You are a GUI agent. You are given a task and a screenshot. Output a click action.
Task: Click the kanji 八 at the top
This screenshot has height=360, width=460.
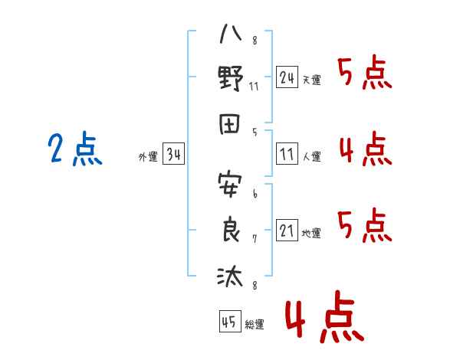coord(231,34)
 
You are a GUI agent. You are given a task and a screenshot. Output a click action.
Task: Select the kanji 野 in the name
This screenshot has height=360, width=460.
coord(231,78)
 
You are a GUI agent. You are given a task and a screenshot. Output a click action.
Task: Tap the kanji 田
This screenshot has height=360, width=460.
coord(230,124)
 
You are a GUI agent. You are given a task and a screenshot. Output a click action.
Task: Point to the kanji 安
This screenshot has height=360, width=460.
coord(230,185)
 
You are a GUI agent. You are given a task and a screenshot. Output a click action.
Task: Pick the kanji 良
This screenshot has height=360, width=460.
coord(231,229)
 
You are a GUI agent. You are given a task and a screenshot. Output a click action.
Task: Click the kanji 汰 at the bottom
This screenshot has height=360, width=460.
coord(230,276)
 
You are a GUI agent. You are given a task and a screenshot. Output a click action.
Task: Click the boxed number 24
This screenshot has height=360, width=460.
coord(287,77)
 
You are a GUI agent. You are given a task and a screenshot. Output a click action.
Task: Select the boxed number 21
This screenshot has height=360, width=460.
coord(287,230)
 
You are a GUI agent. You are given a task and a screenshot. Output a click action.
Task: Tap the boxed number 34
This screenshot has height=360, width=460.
coord(173,153)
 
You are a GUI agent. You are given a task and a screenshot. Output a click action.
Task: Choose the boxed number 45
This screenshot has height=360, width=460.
coord(230,321)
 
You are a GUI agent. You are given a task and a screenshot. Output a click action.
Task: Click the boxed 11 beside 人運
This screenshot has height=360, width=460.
coord(287,153)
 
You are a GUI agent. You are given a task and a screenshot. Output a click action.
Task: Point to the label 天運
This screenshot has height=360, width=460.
coord(312,80)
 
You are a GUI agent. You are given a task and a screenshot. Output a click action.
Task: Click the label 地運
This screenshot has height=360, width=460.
coord(311,233)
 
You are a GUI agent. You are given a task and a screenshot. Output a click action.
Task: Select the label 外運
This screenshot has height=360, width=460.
coord(148,156)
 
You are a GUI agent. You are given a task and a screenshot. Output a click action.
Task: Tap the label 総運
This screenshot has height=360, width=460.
coord(255,324)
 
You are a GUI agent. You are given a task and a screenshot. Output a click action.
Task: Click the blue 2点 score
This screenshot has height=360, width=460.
coord(75,149)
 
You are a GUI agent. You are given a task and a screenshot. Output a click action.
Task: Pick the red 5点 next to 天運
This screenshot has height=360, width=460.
coord(365,72)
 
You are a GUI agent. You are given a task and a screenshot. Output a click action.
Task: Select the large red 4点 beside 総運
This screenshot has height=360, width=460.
coord(325,316)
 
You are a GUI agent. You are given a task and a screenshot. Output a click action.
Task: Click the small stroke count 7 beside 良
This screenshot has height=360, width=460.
coord(255,239)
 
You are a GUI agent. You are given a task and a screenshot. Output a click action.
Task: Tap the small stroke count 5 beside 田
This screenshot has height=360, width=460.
coord(255,133)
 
